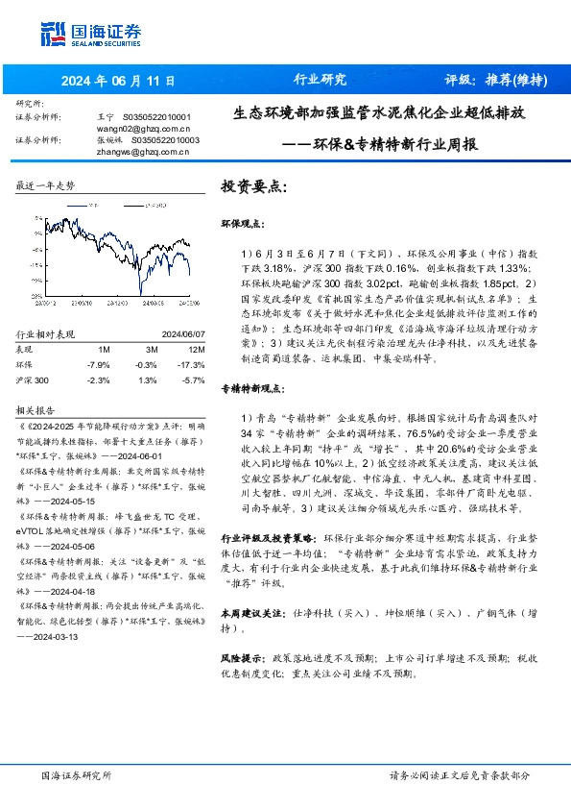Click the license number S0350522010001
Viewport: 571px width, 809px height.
(x=156, y=116)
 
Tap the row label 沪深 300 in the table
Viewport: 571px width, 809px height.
(x=36, y=380)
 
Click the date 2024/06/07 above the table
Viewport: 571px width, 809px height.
(x=175, y=334)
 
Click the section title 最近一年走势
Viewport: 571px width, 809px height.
(x=46, y=184)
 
